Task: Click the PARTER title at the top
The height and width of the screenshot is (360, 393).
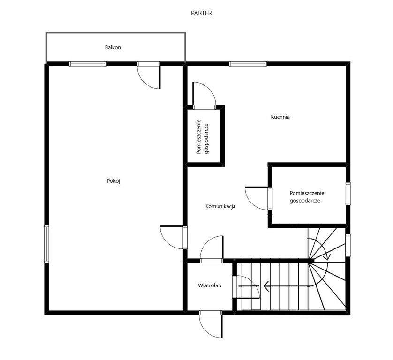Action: click(201, 13)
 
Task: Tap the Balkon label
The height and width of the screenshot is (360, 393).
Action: click(113, 47)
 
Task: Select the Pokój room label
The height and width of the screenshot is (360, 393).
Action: click(113, 181)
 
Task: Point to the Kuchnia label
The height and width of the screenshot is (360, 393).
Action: click(280, 117)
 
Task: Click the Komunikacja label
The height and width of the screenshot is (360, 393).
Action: click(220, 206)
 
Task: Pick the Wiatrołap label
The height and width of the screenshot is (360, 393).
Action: click(210, 285)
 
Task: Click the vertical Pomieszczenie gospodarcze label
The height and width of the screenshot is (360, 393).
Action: click(203, 137)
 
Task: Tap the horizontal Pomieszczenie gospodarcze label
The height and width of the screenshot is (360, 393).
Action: click(307, 197)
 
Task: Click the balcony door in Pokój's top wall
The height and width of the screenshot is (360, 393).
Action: click(149, 75)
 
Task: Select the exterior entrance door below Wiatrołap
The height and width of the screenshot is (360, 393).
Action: click(211, 324)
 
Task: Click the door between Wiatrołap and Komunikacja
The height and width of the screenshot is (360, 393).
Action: click(212, 249)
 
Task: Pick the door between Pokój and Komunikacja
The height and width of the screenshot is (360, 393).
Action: click(174, 237)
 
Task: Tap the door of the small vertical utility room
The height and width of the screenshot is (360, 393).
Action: click(204, 96)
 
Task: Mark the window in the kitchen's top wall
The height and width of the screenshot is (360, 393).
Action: click(248, 64)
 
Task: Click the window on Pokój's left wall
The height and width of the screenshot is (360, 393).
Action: click(46, 244)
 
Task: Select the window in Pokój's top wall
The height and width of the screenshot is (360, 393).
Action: click(88, 64)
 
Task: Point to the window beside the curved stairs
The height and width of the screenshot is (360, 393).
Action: click(348, 245)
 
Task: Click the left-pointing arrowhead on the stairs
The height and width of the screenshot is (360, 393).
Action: click(266, 286)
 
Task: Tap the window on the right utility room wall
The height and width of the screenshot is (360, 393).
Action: click(348, 194)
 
